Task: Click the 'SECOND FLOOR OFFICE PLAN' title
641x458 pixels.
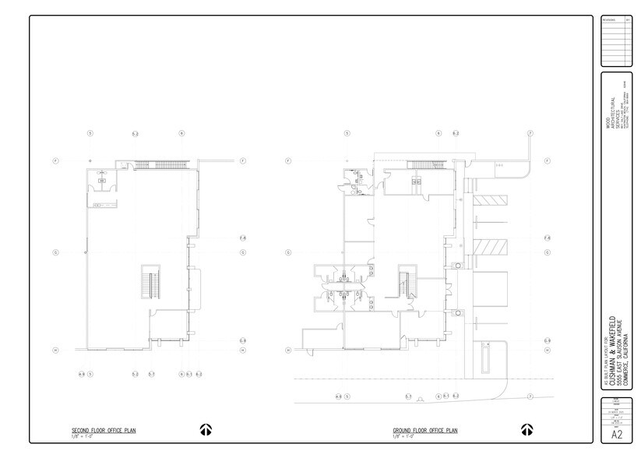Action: pos(95,430)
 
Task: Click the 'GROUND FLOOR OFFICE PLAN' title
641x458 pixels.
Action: pos(424,430)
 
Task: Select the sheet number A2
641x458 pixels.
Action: pos(616,436)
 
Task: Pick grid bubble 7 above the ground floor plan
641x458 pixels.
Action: pos(530,133)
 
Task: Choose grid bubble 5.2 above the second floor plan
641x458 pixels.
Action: pos(135,133)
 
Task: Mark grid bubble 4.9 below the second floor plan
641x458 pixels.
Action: pos(81,375)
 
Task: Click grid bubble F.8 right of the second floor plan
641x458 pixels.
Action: pos(242,237)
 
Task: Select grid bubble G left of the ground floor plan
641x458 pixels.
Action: pos(288,252)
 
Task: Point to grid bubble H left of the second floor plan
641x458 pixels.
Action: pos(55,350)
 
